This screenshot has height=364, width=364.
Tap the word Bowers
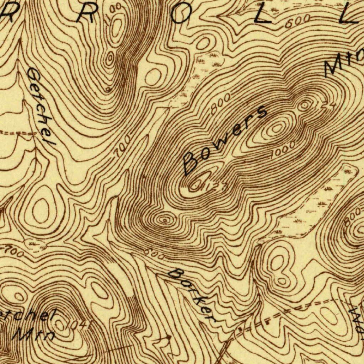click(224, 141)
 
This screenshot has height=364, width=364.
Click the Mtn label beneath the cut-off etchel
click(34, 334)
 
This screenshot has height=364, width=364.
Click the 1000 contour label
click(283, 150)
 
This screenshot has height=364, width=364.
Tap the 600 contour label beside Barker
click(154, 254)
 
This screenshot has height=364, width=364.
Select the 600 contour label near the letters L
click(297, 22)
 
